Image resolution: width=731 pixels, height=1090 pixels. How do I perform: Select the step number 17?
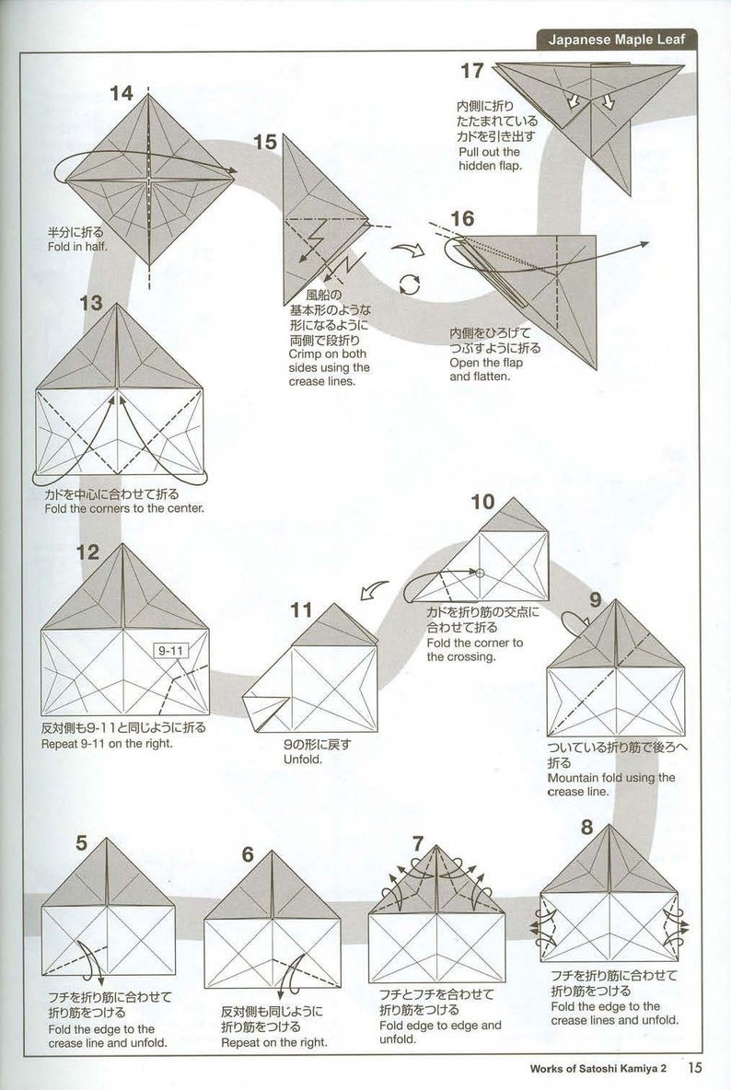[x=472, y=71]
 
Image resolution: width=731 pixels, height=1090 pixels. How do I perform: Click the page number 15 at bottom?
[x=694, y=1068]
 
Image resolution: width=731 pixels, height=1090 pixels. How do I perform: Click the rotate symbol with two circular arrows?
[x=410, y=284]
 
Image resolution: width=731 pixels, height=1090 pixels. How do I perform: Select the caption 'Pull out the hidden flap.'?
[x=489, y=158]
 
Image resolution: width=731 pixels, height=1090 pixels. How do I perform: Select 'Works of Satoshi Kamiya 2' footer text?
[x=604, y=1069]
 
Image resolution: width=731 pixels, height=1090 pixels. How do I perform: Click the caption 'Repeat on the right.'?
[x=273, y=1043]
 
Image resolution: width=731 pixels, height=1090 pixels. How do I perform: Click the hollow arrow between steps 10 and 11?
[x=373, y=591]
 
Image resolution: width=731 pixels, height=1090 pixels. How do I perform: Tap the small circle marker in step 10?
[x=480, y=573]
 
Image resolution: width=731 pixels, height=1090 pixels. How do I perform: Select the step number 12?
[x=87, y=552]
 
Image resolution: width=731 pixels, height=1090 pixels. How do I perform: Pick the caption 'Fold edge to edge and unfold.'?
[x=440, y=1032]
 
